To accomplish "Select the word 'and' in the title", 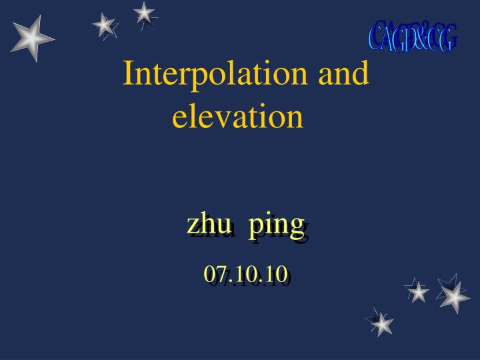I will (x=343, y=75).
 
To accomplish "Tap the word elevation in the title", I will (x=238, y=116).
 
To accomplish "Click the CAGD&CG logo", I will (x=413, y=36).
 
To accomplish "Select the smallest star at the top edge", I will (x=143, y=12).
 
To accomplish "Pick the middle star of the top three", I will (x=104, y=25).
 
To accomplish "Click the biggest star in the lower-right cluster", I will (x=454, y=296).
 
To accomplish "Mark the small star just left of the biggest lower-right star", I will (x=418, y=291).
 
